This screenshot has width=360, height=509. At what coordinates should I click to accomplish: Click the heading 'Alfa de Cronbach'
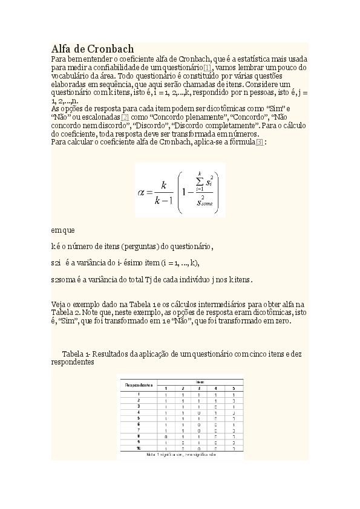point(93,48)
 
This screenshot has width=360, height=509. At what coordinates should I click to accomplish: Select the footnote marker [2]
point(125,117)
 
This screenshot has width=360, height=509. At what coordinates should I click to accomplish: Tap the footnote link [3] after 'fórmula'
point(260,142)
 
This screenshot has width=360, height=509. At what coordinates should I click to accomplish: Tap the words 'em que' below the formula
point(63,230)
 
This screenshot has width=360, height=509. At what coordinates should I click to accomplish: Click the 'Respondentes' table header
point(139,384)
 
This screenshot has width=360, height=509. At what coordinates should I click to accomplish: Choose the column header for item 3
point(199,388)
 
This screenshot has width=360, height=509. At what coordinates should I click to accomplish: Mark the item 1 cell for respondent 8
point(166,435)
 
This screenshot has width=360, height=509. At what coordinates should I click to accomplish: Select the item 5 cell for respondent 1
point(234,394)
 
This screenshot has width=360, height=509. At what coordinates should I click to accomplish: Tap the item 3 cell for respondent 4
point(199,412)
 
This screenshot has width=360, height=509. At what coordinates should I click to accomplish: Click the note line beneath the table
point(180,456)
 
